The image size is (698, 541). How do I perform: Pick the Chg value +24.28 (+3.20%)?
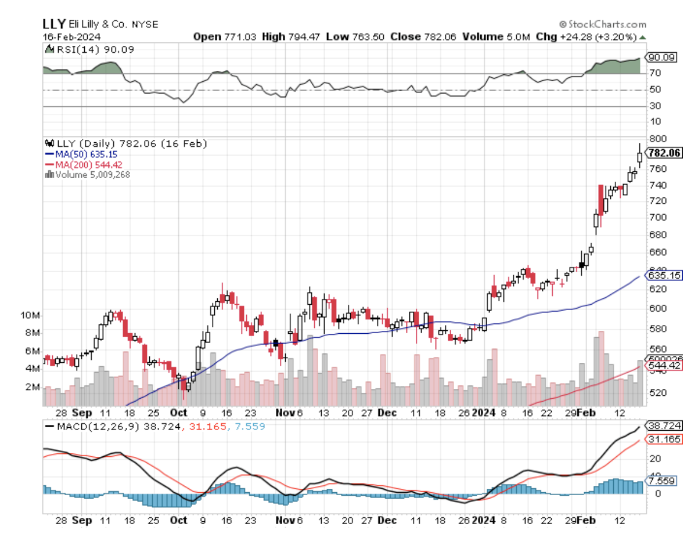pos(599,37)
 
